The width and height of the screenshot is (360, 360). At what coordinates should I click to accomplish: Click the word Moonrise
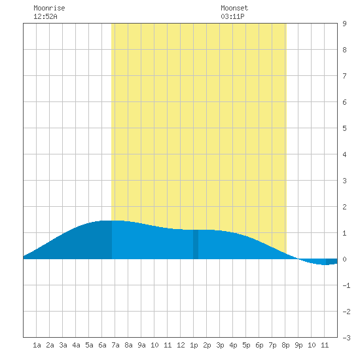(49, 8)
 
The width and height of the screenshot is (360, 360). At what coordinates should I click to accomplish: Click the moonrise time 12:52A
(45, 16)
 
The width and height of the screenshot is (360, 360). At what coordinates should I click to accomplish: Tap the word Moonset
(234, 8)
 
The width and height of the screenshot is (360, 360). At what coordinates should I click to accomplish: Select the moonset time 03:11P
(232, 16)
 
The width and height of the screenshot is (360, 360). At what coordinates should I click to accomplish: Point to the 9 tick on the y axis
(344, 24)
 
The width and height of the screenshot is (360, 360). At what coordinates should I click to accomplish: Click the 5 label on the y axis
(344, 128)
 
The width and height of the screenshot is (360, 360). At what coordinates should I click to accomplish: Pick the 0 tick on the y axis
(344, 259)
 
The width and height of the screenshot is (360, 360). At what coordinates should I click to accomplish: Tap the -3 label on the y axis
(346, 338)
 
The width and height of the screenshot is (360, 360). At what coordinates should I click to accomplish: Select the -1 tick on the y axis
(346, 285)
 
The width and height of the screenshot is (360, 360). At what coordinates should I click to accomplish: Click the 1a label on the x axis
(37, 345)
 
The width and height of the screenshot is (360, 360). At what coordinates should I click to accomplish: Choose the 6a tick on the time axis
(102, 345)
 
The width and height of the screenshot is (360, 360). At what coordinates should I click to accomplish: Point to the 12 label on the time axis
(181, 345)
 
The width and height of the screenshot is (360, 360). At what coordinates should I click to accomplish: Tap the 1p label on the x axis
(194, 346)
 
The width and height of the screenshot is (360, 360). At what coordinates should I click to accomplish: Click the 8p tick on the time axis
(285, 346)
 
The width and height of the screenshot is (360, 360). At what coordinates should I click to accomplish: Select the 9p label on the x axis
(298, 346)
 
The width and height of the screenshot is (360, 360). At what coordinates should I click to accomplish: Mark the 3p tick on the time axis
(220, 346)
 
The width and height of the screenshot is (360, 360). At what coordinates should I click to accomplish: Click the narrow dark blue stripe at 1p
(196, 244)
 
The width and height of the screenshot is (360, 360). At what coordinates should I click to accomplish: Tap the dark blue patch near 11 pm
(332, 262)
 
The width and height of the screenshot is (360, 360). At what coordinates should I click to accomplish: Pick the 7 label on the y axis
(344, 76)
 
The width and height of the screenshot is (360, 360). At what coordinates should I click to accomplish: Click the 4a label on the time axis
(76, 345)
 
